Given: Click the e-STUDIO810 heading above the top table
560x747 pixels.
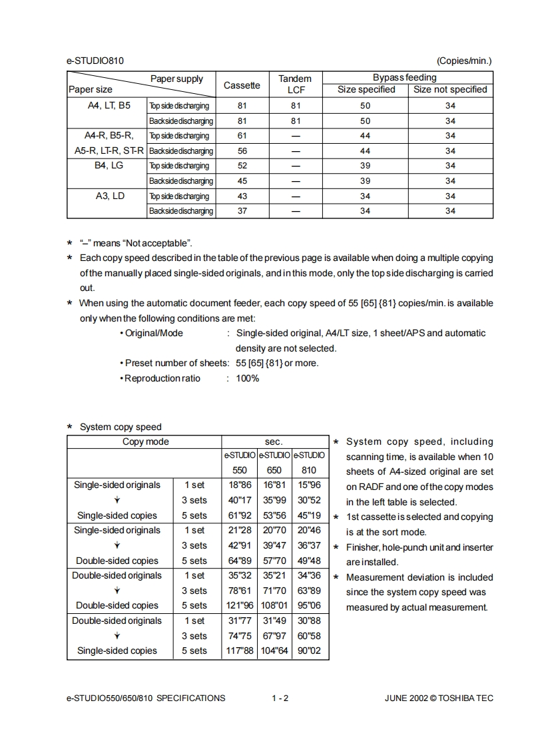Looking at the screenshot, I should tap(95, 61).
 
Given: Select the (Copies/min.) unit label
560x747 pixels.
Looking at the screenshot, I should tap(463, 61).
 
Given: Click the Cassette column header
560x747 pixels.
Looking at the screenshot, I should tap(242, 85).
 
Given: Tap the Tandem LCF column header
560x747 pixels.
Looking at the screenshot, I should tap(295, 84).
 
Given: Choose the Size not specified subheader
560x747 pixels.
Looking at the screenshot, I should tap(450, 89).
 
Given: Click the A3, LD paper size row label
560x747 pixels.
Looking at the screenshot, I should tap(107, 196).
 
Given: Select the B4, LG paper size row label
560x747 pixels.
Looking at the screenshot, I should tap(107, 165).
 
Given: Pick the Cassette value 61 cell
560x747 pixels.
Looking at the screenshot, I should tap(242, 136).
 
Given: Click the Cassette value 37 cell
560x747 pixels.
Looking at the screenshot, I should tap(242, 211).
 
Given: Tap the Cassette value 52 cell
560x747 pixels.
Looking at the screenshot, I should tap(242, 166).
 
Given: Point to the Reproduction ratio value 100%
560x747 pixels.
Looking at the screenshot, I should tap(248, 378).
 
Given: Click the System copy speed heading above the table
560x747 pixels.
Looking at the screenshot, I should tap(121, 427).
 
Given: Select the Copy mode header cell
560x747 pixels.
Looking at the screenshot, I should tap(146, 441).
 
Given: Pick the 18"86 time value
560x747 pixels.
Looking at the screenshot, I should tap(240, 485).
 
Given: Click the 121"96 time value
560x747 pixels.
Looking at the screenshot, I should tap(240, 606).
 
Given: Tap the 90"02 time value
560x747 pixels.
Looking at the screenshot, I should tap(309, 651).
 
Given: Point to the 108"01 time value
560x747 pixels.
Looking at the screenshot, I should tap(274, 606).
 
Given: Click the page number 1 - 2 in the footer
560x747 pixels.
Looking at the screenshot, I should tap(280, 698).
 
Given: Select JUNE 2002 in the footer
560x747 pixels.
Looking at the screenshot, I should tap(406, 698).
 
